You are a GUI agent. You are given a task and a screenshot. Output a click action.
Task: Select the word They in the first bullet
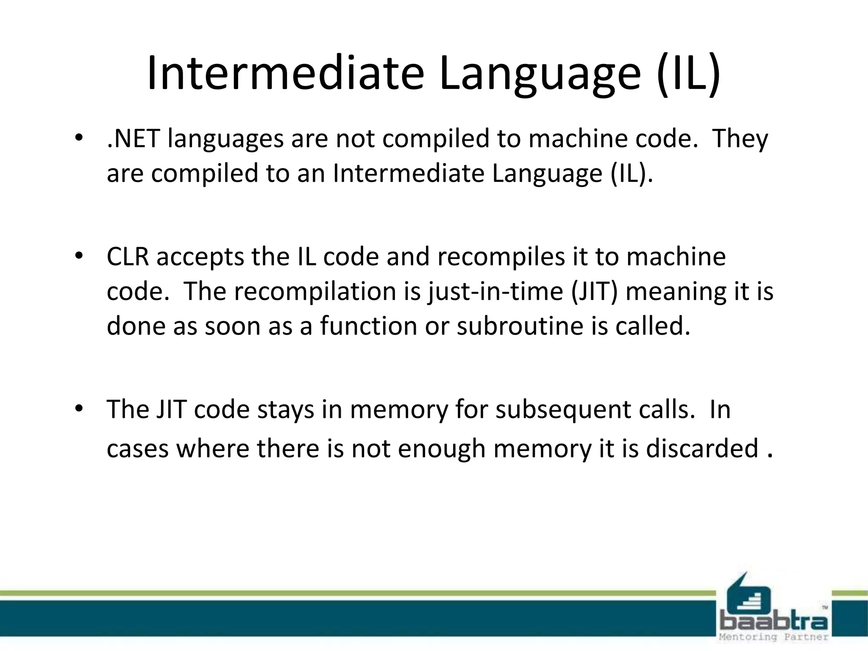pos(740,139)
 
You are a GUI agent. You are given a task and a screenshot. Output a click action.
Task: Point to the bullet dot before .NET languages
pos(78,138)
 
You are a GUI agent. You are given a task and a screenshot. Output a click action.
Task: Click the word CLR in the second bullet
pos(128,257)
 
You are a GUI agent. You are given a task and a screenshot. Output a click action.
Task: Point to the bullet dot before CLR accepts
pos(78,256)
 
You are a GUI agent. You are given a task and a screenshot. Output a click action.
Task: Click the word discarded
pos(702,449)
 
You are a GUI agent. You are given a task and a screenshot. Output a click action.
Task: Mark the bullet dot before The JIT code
pos(78,409)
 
